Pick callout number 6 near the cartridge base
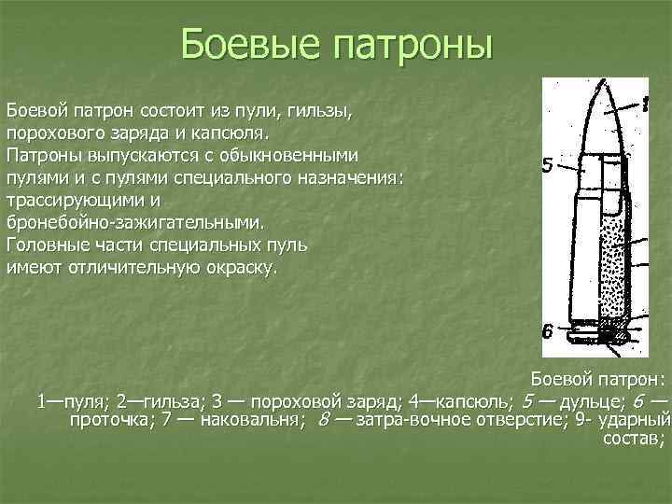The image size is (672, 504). point(549,330)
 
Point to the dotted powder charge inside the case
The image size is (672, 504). point(612,271)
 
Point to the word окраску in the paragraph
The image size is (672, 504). point(234,268)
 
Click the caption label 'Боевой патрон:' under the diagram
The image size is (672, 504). point(597,380)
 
